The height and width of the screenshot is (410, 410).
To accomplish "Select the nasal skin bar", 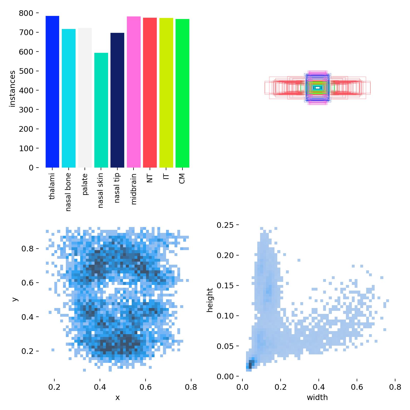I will [101, 110].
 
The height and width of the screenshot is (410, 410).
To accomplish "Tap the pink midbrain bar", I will [134, 92].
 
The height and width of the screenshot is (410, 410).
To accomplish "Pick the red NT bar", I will [150, 93].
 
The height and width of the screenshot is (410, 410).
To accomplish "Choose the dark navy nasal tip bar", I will [117, 100].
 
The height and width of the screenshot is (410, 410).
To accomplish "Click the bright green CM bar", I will [182, 93].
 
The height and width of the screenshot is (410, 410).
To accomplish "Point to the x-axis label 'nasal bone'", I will [68, 192].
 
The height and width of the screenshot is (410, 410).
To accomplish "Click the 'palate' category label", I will [85, 184].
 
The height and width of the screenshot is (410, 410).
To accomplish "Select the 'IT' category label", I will [166, 177].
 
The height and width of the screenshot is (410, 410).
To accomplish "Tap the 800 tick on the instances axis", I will [26, 13].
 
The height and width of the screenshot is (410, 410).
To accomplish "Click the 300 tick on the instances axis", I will [26, 110].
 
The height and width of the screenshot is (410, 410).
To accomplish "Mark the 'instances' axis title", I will [12, 89].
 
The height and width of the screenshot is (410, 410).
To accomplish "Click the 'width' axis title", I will [317, 397].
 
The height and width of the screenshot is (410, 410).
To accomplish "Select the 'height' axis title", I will [210, 300].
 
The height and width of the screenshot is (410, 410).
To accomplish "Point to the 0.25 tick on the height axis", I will [225, 225].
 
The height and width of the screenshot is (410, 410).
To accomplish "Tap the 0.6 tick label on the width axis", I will [357, 387].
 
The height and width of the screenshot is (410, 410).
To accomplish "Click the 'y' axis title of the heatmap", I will [15, 299].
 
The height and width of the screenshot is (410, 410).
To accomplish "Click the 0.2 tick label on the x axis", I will [54, 387].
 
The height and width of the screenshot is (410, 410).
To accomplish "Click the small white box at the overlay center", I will [317, 88].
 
